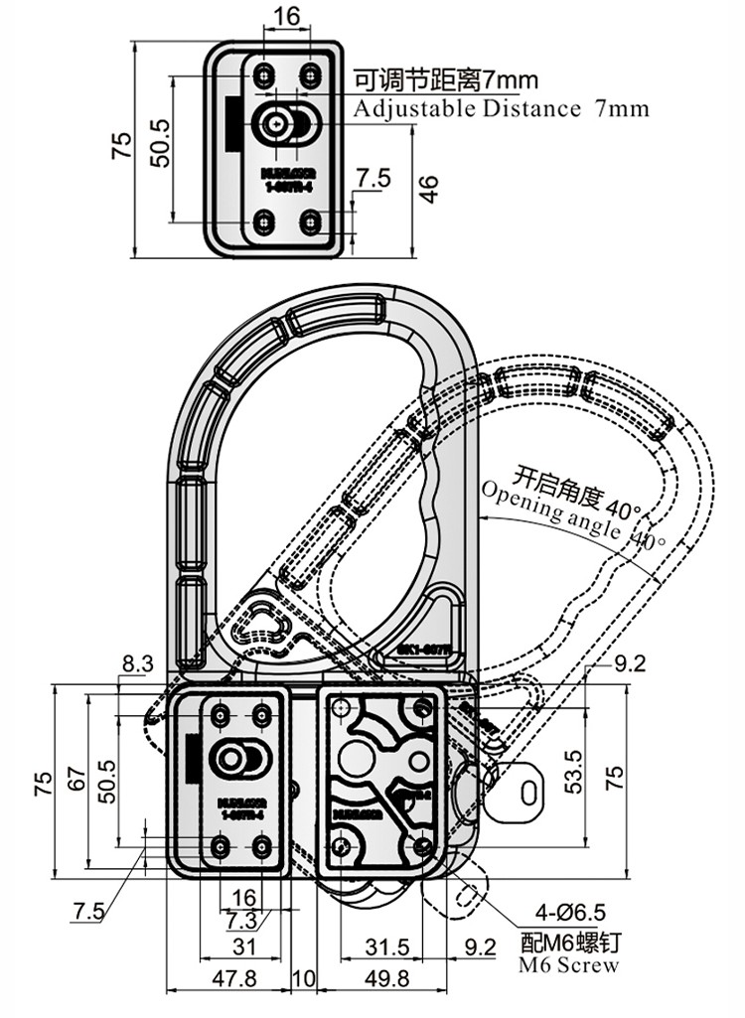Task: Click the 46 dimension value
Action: pos(428,189)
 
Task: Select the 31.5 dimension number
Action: pos(383,947)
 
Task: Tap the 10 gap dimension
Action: pos(303,978)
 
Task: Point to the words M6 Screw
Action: pos(569,965)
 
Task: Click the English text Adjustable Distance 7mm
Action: pos(502,108)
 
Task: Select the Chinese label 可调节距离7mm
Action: pos(446,79)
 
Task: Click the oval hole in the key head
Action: pos(532,791)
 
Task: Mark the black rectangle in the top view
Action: pos(231,124)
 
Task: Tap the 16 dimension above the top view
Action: pos(286,17)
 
